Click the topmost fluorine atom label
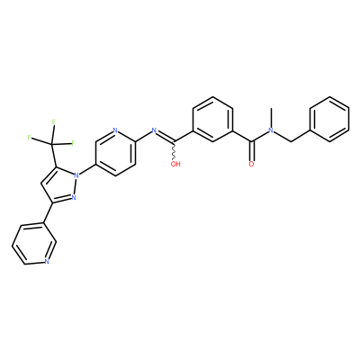point(54,121)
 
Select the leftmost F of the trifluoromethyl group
point(29,138)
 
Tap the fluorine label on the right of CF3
point(73,143)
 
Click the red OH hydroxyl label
point(175,164)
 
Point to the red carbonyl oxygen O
point(251,164)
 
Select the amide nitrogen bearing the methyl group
point(271,130)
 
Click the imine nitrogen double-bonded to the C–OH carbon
point(155,130)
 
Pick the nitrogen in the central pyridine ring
point(115,130)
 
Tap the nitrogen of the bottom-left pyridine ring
point(46,261)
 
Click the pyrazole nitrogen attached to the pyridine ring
point(76,175)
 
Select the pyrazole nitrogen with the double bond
point(73,197)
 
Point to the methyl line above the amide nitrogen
point(271,117)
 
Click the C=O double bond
point(252,150)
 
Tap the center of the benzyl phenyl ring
point(329,119)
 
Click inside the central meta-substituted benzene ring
point(213,119)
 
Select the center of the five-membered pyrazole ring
point(59,187)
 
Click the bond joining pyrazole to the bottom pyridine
point(49,213)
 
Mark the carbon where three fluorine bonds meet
point(51,144)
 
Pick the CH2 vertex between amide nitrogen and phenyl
point(291,141)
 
